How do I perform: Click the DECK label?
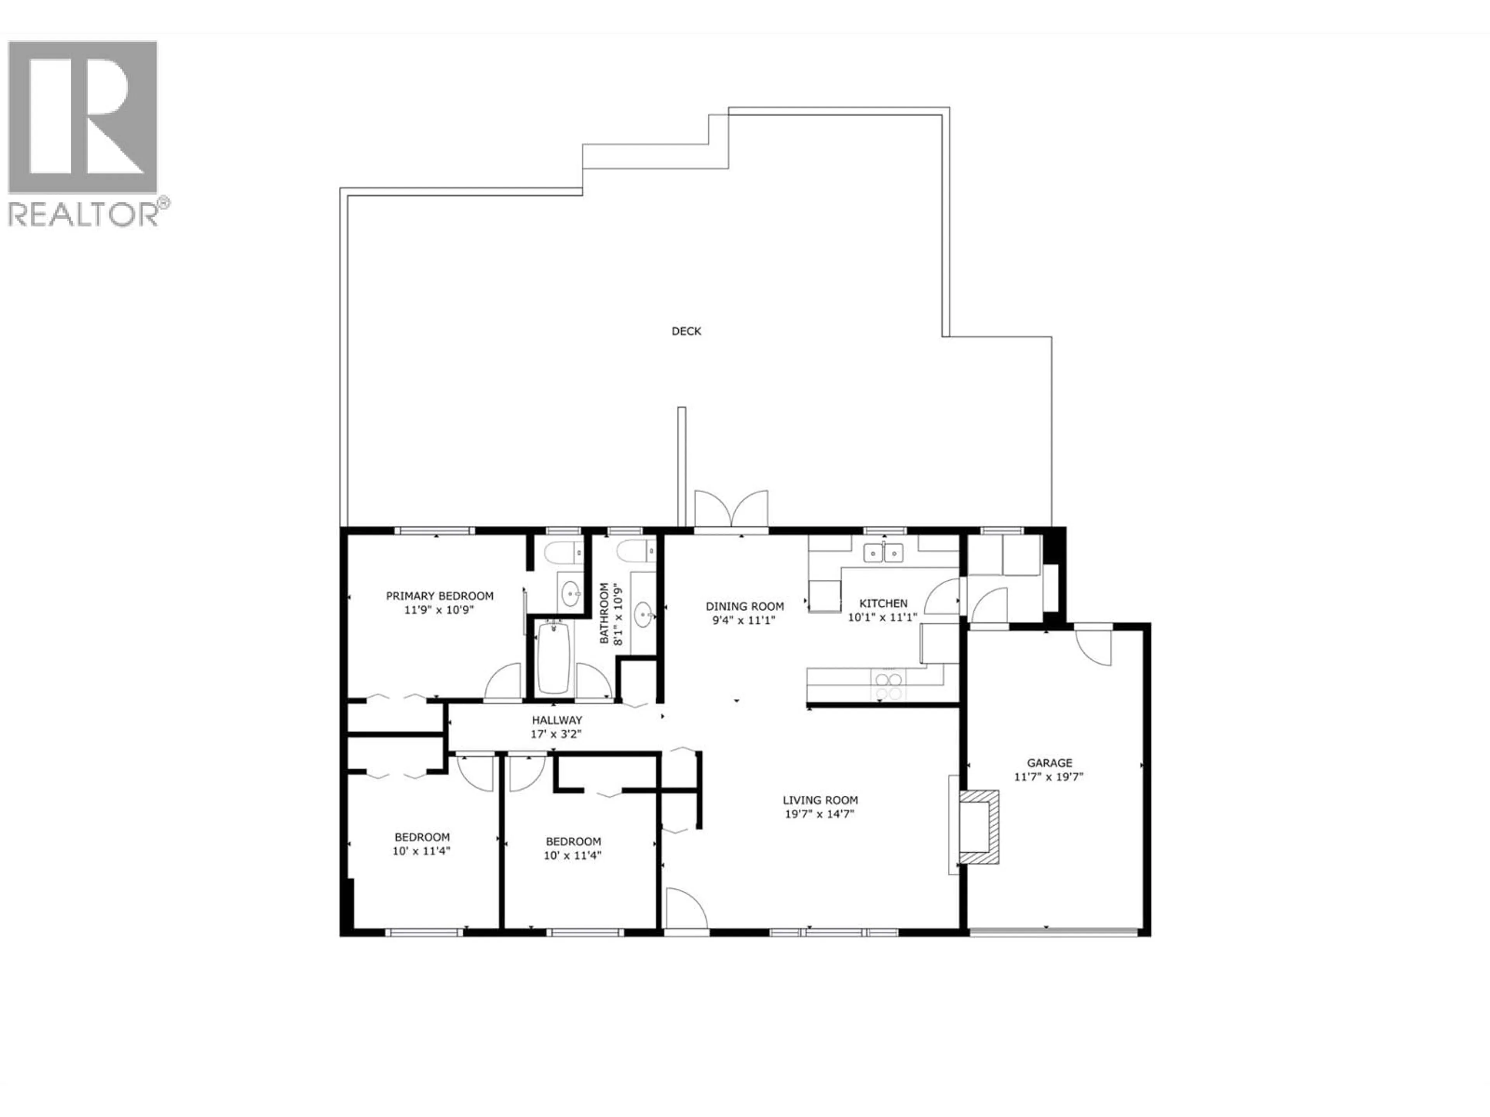point(686,331)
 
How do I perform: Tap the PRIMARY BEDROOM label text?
point(439,596)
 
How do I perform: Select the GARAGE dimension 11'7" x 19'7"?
point(1049,776)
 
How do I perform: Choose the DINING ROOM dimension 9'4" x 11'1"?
point(744,620)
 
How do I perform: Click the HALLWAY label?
point(556,720)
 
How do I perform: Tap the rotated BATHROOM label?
point(604,613)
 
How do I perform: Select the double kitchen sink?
point(883,553)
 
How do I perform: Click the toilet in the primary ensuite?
point(564,553)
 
